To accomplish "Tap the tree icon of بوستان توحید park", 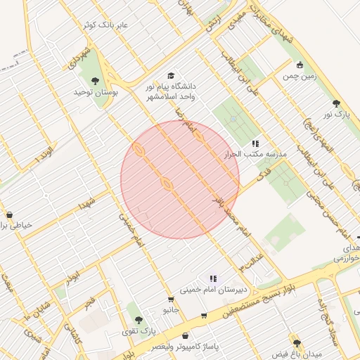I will tap(96, 81).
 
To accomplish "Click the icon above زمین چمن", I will tap(300, 64).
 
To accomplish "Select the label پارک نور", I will tap(336, 113).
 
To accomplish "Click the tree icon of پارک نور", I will tap(336, 103).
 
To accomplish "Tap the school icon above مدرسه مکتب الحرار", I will tap(255, 143).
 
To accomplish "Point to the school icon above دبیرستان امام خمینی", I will tap(212, 279).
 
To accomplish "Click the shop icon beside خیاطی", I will tap(9, 215).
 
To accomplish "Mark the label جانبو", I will tap(172, 309).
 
